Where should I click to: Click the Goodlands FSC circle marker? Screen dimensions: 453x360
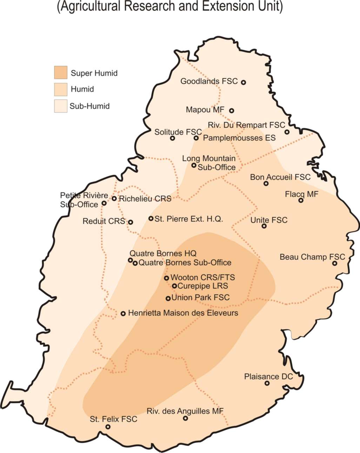click(x=244, y=82)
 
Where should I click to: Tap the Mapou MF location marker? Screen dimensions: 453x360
click(x=232, y=111)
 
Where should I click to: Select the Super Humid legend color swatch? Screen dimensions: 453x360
click(x=60, y=73)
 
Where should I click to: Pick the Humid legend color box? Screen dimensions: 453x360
click(x=60, y=89)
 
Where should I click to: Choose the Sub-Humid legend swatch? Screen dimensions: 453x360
click(x=60, y=106)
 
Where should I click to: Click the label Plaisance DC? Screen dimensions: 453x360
click(x=268, y=377)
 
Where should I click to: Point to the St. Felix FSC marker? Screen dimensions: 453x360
click(x=108, y=427)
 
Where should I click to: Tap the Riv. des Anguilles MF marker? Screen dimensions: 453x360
click(x=185, y=418)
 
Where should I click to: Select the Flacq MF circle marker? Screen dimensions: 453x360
click(x=301, y=200)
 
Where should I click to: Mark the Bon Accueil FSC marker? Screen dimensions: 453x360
click(x=266, y=184)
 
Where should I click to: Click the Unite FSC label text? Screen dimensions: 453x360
click(x=269, y=220)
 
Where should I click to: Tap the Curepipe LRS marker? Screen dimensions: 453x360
click(x=174, y=286)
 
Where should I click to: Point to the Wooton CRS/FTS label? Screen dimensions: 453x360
click(x=203, y=277)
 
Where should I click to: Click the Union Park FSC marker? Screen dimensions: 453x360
click(x=168, y=299)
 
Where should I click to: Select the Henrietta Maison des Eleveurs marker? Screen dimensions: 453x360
click(x=123, y=313)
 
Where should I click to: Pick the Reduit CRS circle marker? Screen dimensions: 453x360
click(x=131, y=222)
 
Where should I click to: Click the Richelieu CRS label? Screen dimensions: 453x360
click(x=145, y=199)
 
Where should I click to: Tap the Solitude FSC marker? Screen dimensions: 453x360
click(x=172, y=138)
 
